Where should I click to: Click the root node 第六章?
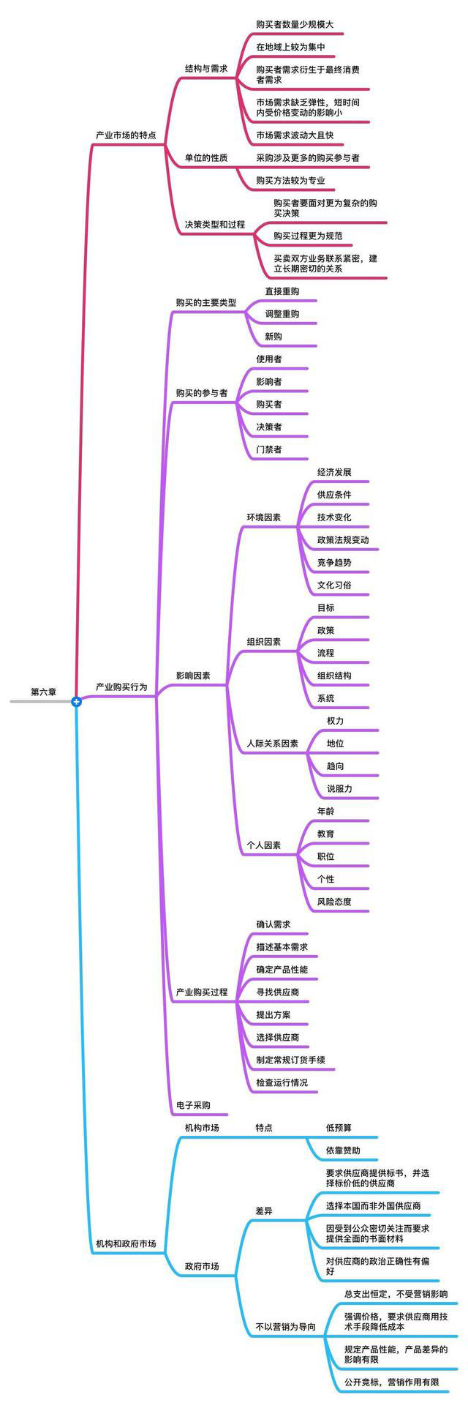point(43,691)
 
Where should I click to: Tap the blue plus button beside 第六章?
point(76,702)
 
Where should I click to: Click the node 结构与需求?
point(206,68)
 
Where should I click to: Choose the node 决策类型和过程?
point(215,225)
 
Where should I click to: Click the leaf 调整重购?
point(282,314)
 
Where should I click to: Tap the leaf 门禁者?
point(268,449)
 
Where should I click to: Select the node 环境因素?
point(264,517)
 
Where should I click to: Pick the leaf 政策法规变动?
point(343,540)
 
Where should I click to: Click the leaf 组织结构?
point(334,676)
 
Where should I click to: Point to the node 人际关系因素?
point(273,744)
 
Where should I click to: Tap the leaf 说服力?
point(339,789)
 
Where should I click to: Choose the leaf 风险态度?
point(334,902)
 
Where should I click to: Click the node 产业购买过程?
point(202,992)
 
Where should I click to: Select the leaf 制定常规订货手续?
point(290,1060)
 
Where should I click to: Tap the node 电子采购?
point(193,1105)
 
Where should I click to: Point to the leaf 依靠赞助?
point(343,1151)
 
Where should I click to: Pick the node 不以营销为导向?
point(286,1327)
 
